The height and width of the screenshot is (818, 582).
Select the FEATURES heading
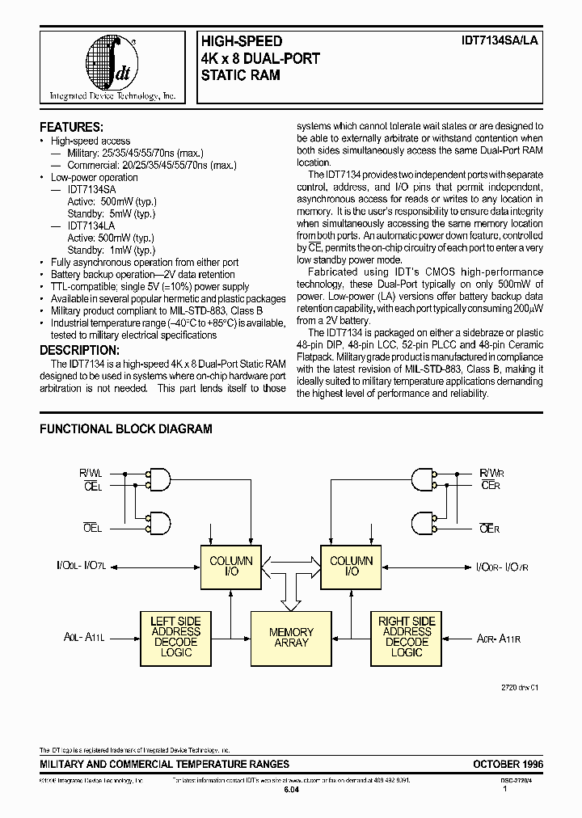tap(71, 128)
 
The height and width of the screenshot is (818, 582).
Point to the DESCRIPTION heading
tap(79, 349)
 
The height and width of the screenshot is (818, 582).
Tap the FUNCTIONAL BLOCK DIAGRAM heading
tap(126, 429)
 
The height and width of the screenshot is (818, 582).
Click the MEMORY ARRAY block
tap(291, 637)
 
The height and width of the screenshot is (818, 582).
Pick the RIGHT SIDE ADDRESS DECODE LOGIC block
tap(407, 637)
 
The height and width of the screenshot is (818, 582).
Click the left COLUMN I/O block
tap(231, 566)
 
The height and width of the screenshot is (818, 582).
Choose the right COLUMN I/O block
tap(352, 566)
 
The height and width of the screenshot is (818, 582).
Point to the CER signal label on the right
tap(490, 485)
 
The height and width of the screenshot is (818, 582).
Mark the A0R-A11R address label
tap(496, 637)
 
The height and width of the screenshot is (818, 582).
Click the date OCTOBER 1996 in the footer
tap(508, 764)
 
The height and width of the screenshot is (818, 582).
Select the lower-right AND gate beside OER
tap(424, 522)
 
